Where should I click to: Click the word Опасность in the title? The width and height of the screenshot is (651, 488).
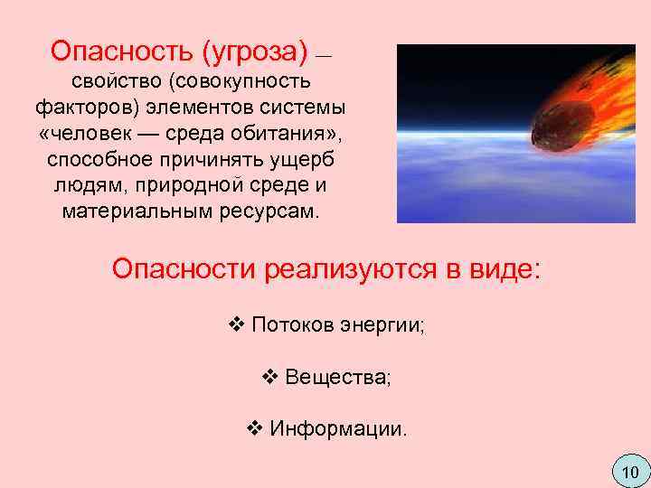pyautogui.click(x=112, y=49)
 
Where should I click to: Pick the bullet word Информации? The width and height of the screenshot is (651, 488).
pyautogui.click(x=338, y=427)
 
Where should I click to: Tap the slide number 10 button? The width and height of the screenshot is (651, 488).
pyautogui.click(x=630, y=471)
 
